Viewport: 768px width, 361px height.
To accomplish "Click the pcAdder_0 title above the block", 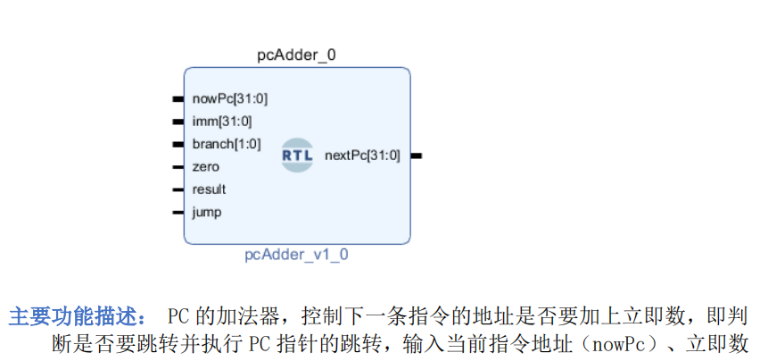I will coord(297,55).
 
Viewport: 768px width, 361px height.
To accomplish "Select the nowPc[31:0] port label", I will coord(229,99).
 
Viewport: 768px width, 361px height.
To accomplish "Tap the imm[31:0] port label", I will coord(222,122).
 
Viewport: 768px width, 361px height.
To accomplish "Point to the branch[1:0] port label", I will coord(227,144).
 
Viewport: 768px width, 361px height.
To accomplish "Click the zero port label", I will coord(205,167).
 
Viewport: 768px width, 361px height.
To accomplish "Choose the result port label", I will coord(209,189).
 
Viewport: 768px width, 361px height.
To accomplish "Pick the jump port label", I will coord(207,213).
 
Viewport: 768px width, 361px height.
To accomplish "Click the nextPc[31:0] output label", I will coord(362,155).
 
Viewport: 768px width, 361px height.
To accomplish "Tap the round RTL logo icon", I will coord(297,155).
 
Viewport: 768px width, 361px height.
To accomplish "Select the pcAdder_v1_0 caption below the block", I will coord(297,255).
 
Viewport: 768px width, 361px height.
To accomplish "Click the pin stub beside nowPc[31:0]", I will coord(178,99).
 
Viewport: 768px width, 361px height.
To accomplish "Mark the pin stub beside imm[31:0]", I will coord(178,122).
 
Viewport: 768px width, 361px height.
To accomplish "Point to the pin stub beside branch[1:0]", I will coord(178,144).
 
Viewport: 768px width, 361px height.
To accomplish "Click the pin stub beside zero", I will coord(178,167).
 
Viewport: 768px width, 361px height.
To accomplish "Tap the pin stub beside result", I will coord(178,189).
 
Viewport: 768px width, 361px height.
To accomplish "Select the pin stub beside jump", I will coord(178,213).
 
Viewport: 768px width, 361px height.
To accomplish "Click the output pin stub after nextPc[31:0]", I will coord(417,155).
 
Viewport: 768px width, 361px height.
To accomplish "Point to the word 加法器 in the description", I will coord(252,317).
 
